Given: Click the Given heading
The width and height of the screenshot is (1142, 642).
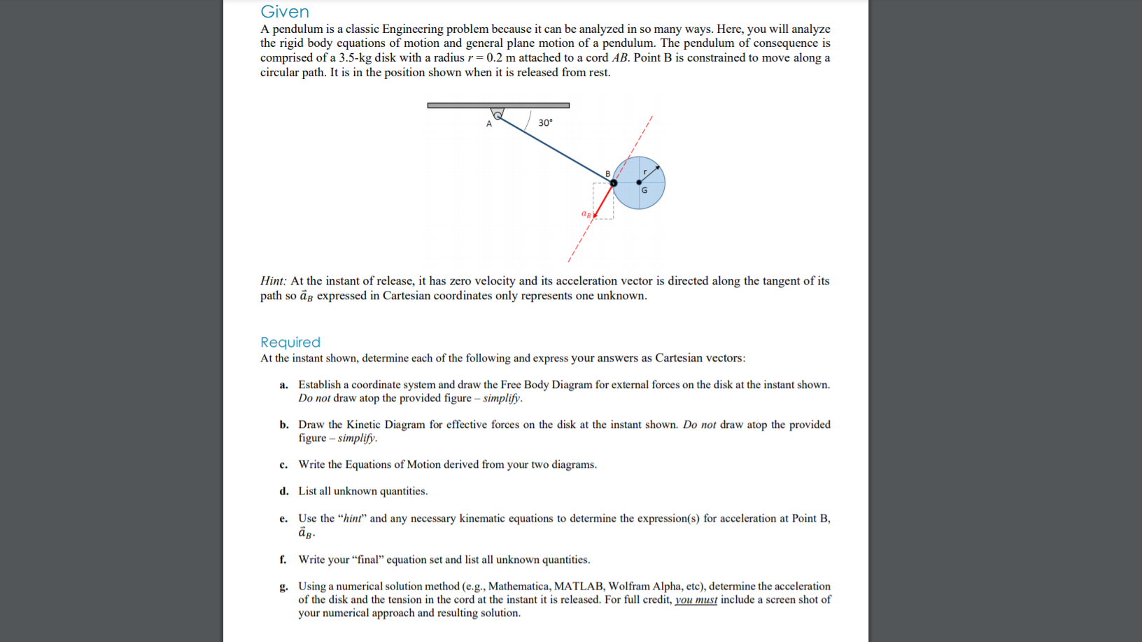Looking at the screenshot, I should (284, 12).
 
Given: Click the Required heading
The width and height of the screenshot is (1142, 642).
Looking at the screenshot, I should (290, 342).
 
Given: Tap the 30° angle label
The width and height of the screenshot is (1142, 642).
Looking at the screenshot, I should (545, 122).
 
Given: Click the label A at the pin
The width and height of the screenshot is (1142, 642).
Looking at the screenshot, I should (489, 124).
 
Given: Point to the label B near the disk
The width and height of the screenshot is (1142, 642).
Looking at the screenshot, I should (607, 173).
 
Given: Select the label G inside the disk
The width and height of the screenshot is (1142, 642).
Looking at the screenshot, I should (644, 190).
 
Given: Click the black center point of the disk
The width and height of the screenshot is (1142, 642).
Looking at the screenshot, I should (639, 183).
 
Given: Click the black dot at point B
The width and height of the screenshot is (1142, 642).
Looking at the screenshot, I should (614, 183).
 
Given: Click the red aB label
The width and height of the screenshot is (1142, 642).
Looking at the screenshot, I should (586, 213).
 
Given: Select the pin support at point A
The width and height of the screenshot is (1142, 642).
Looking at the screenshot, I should (498, 113).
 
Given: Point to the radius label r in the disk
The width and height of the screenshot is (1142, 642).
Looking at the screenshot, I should (645, 171).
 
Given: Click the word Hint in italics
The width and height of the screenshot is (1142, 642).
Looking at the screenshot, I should (272, 281).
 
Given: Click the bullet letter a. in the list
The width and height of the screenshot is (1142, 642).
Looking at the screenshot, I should (283, 385).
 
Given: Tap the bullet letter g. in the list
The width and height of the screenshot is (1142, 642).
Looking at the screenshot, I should (283, 587).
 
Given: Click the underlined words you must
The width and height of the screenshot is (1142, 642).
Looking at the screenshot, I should (696, 600).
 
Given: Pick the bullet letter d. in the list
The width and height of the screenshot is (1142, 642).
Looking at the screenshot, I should (283, 492).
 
